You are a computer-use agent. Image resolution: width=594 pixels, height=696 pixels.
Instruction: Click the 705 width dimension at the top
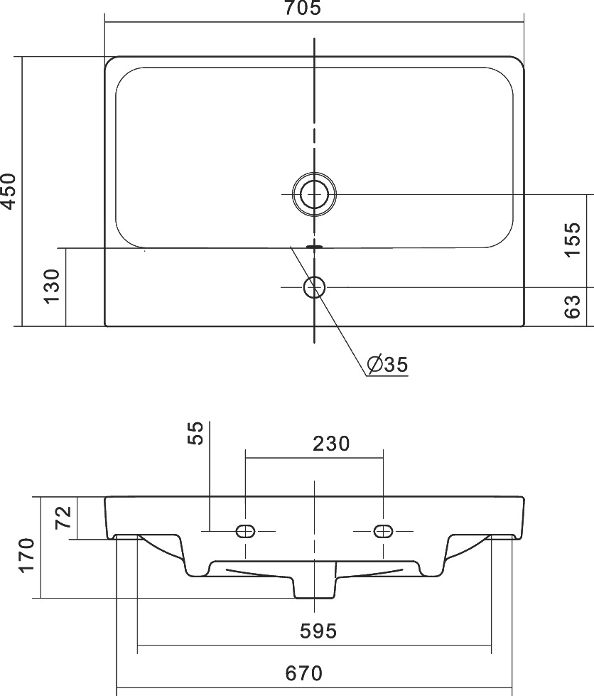tap(302, 8)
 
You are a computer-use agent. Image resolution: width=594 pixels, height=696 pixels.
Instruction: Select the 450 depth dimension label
tap(8, 191)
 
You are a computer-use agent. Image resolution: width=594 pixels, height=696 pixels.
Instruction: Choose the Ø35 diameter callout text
tap(387, 365)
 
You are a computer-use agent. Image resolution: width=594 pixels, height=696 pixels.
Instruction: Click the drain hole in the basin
tap(314, 194)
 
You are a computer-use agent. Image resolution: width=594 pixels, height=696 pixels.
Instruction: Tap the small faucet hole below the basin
tap(314, 287)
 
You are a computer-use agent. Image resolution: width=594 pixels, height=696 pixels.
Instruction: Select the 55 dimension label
tap(195, 433)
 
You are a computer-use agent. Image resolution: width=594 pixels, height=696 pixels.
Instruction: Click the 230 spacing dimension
tap(331, 444)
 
